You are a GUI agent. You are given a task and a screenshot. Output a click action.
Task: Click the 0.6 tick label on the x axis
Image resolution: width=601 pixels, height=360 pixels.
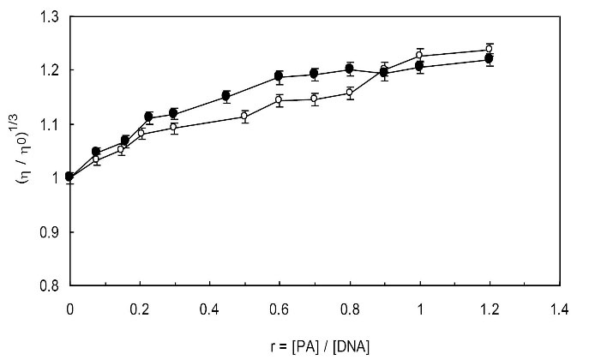pos(279,309)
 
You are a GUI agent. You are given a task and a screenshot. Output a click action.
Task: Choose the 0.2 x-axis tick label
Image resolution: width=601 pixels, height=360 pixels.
pos(139,309)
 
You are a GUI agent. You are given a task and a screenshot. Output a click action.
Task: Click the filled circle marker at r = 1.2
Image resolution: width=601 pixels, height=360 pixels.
pos(490,59)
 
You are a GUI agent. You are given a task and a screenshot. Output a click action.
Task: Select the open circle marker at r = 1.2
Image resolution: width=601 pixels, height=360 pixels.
pos(490,49)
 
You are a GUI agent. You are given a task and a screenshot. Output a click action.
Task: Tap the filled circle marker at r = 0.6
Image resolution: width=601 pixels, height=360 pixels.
pos(279,76)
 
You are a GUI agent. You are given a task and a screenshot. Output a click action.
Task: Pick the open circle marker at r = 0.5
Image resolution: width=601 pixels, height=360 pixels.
pos(244,116)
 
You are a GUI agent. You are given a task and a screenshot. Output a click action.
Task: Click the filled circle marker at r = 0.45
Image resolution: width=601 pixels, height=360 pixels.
pos(226,96)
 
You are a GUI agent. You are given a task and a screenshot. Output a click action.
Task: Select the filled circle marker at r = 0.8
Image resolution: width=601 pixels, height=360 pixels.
pos(350,69)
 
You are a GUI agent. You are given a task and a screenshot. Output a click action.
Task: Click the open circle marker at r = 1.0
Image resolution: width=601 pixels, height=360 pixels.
pos(420,55)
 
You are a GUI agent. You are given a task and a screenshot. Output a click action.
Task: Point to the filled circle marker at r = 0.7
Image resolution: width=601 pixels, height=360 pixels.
pos(315,74)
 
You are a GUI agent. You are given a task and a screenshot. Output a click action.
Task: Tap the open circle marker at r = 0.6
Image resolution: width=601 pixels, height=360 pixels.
pos(279,100)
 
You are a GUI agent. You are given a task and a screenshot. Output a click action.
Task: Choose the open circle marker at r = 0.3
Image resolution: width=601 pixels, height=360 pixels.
pos(174,128)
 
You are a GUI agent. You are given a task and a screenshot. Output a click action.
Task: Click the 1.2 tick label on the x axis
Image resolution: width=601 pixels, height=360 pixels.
pos(490,309)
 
